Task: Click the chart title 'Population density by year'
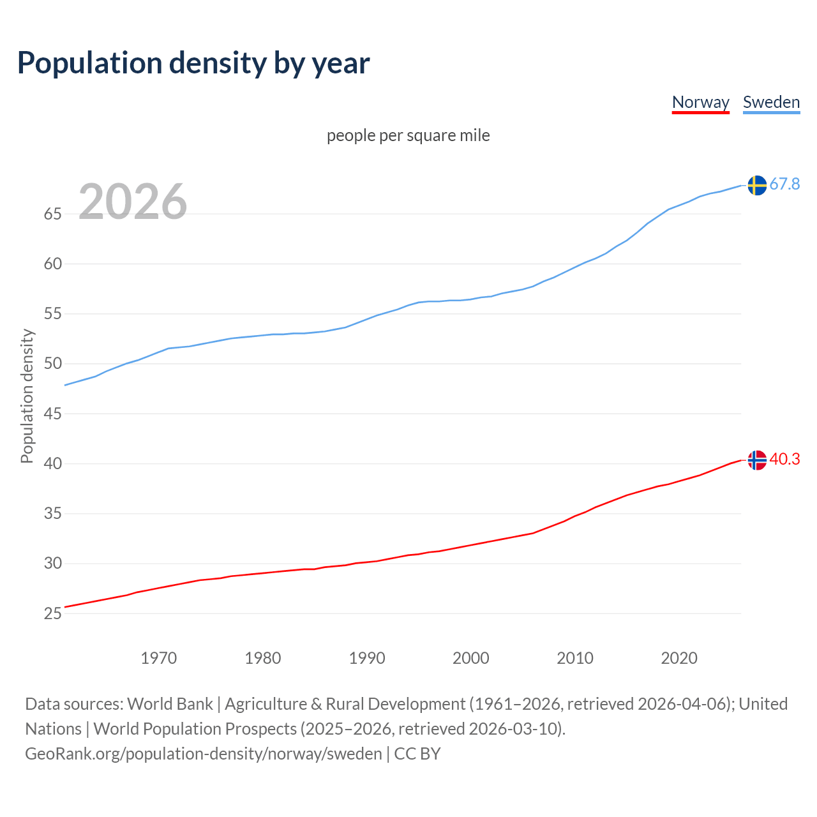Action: tap(193, 63)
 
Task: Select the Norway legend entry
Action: tap(700, 102)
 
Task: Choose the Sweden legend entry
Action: tap(771, 102)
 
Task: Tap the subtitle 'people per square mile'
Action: tap(408, 135)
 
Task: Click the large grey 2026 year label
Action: tap(133, 202)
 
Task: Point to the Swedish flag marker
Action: tap(756, 185)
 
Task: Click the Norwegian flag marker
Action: tap(756, 460)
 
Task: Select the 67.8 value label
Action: tap(784, 184)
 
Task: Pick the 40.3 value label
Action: tap(784, 460)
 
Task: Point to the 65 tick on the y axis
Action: tap(52, 214)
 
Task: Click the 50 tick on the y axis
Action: tap(52, 364)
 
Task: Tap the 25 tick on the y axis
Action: tap(52, 613)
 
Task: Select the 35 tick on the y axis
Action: tap(52, 514)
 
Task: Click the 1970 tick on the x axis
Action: tap(158, 658)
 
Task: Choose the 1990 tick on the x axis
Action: tap(366, 658)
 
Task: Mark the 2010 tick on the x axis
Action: tap(574, 658)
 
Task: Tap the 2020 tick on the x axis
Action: tap(678, 658)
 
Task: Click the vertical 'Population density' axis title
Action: tap(27, 396)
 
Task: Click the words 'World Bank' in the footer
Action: tap(170, 704)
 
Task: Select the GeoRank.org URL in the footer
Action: tap(203, 754)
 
